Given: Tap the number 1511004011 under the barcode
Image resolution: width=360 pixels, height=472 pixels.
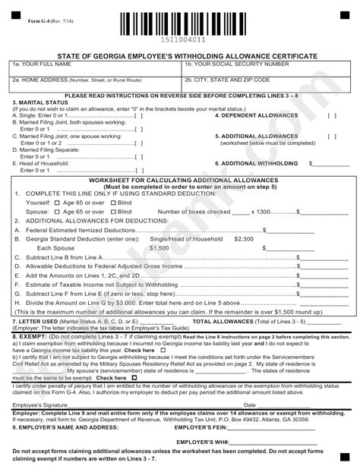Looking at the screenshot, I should click(x=181, y=39).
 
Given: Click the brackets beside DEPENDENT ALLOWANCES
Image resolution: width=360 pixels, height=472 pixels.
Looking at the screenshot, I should click(x=332, y=116).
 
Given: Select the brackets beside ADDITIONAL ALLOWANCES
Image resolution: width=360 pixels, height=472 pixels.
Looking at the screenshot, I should click(x=332, y=137).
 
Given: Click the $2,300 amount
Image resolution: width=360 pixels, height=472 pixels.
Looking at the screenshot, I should click(x=244, y=238).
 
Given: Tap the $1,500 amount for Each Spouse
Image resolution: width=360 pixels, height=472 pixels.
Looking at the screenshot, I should click(x=159, y=248).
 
